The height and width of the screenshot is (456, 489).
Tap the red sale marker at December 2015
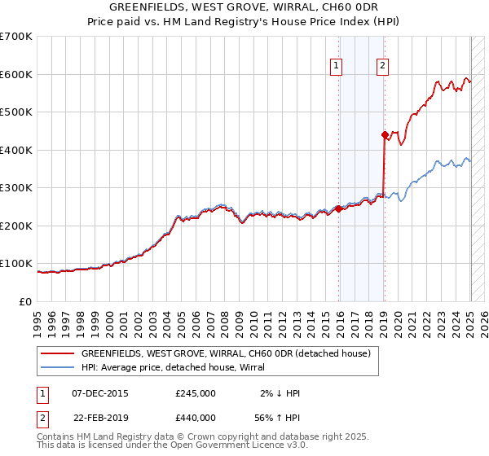coord(339,208)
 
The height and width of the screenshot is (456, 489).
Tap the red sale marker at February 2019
coord(385,135)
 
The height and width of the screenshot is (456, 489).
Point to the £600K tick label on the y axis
coord(17,74)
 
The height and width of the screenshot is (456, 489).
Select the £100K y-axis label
coord(17,264)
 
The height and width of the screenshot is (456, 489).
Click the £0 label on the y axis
coord(26,301)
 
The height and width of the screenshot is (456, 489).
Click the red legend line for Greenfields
coord(56,353)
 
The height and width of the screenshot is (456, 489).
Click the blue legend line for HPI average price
coord(56,366)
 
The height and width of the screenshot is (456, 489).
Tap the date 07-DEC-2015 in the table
coord(100,393)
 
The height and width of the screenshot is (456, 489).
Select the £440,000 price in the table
coord(196,417)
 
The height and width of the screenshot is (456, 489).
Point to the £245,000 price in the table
coord(196,393)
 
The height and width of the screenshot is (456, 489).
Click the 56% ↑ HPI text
coord(278,417)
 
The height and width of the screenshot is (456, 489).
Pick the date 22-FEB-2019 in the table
coord(100,417)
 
